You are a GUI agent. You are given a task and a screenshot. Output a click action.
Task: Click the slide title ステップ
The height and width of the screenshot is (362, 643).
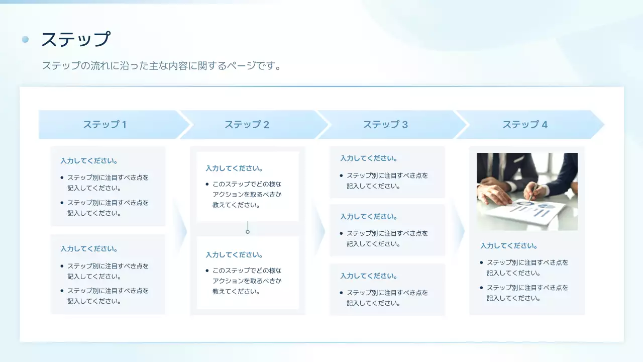(75, 39)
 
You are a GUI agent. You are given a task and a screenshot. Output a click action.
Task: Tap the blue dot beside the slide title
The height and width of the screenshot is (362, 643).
(26, 39)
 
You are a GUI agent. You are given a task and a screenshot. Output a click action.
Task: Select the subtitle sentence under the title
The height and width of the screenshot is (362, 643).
(161, 65)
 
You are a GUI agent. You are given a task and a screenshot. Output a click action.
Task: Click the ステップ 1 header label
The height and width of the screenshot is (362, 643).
(104, 125)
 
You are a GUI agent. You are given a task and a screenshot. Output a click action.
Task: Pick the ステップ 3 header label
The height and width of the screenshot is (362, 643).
(385, 125)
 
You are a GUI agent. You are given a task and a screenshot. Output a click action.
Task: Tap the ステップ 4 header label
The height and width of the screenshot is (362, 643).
(525, 125)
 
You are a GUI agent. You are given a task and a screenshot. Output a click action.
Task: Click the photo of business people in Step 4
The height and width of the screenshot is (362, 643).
(527, 192)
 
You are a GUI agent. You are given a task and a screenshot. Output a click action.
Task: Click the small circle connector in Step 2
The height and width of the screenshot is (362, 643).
(248, 232)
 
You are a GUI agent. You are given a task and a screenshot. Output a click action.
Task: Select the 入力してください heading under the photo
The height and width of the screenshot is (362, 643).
(509, 246)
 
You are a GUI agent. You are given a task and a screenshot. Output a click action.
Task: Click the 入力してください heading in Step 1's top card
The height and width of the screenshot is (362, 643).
(89, 161)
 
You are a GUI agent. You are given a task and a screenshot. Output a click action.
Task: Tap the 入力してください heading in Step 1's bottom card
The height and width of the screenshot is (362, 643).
(89, 249)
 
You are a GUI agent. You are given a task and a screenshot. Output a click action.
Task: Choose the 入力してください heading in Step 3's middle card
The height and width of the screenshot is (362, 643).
(369, 217)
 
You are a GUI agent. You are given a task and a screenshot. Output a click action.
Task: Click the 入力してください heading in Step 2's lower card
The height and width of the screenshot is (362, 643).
(234, 255)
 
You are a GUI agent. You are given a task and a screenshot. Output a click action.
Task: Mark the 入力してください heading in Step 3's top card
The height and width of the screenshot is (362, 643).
(369, 158)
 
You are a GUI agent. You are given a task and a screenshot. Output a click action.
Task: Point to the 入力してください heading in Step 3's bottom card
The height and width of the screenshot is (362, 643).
(369, 276)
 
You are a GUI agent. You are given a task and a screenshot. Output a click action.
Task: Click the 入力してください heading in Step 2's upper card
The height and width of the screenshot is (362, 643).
(234, 168)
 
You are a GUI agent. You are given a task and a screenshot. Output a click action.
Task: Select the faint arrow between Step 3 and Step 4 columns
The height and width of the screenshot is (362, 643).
(459, 231)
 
